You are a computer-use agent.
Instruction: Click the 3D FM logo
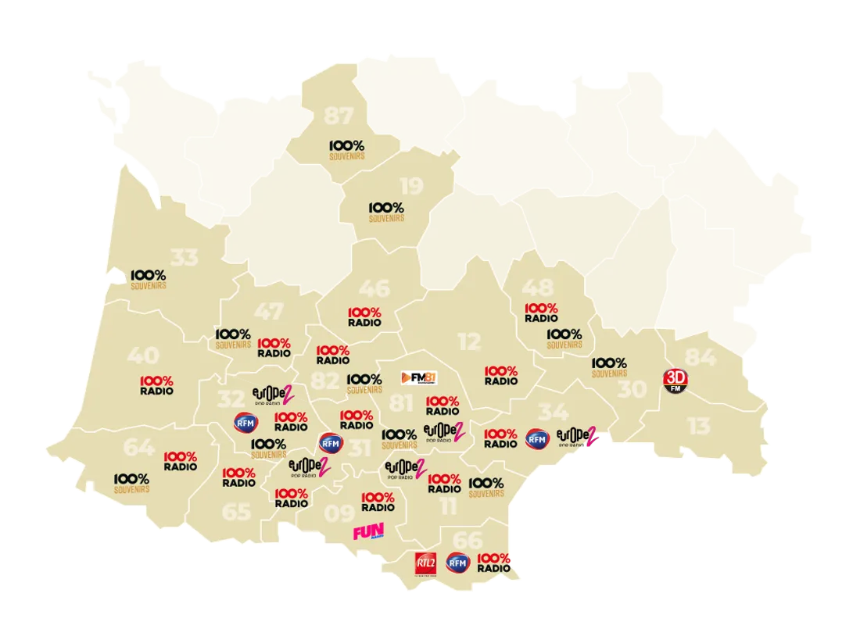[x=675, y=381]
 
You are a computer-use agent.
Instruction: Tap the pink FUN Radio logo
[x=368, y=533]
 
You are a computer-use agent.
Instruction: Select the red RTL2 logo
[x=425, y=562]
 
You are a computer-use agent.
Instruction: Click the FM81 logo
[x=417, y=377]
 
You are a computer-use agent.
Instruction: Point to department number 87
[x=339, y=116]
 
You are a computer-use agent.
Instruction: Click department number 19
[x=411, y=186]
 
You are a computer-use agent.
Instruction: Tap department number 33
[x=184, y=257]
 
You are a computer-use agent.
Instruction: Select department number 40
[x=143, y=356]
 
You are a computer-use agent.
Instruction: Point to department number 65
[x=236, y=512]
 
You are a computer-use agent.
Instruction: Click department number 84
[x=700, y=357]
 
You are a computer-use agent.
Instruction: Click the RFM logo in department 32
[x=245, y=422]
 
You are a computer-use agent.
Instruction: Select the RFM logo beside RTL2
[x=457, y=563]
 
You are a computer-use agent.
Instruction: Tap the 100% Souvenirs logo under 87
[x=346, y=149]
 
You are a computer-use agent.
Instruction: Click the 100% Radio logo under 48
[x=541, y=313]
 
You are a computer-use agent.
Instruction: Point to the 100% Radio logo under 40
[x=156, y=385]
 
